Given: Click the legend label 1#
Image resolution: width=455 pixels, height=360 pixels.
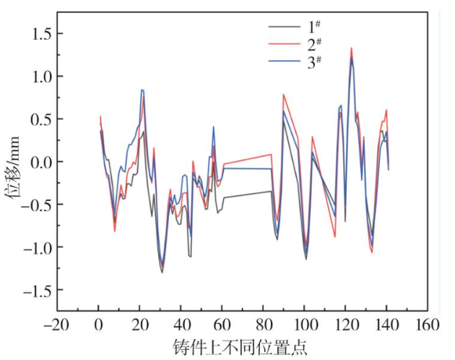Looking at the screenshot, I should [313, 27].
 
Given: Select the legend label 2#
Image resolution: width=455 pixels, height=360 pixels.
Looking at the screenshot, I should [313, 44].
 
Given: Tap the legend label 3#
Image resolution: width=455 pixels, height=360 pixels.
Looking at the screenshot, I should [313, 61].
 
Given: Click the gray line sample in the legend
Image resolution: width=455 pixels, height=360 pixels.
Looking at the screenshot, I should [285, 28].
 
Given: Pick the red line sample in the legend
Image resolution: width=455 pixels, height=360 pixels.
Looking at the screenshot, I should [285, 45].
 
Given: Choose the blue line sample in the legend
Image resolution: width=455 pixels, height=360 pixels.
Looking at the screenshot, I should [285, 62].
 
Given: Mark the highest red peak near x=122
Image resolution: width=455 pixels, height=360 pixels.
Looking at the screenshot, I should [351, 48].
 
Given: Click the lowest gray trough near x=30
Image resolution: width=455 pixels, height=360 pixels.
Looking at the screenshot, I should [162, 273].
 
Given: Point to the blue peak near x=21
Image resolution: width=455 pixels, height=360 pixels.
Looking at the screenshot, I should [142, 90].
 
